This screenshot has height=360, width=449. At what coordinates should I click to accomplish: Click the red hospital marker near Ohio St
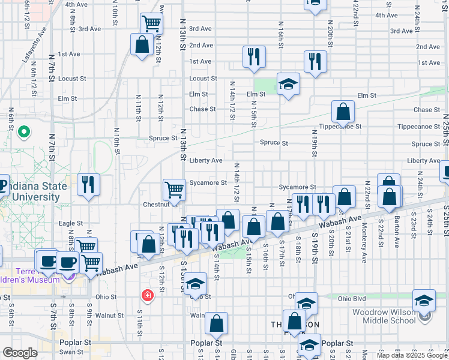pyautogui.click(x=146, y=296)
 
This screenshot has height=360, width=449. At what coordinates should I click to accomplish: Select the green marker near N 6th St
pyautogui.click(x=23, y=131)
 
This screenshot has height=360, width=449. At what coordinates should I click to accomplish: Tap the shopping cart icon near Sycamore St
pyautogui.click(x=174, y=190)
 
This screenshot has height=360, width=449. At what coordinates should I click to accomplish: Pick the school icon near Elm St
pyautogui.click(x=288, y=84)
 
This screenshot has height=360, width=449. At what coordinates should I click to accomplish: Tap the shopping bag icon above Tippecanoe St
pyautogui.click(x=342, y=112)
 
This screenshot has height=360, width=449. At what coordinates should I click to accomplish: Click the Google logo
pyautogui.click(x=20, y=353)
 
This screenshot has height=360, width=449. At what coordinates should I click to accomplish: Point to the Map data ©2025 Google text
pyautogui.click(x=411, y=355)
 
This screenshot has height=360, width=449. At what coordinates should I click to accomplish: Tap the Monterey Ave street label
pyautogui.click(x=364, y=242)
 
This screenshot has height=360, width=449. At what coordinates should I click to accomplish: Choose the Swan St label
pyautogui.click(x=71, y=352)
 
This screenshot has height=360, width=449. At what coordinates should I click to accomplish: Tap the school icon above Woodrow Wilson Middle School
pyautogui.click(x=424, y=300)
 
